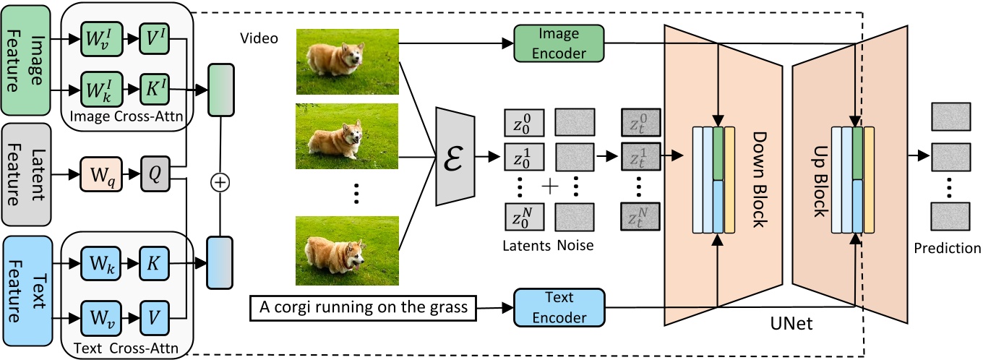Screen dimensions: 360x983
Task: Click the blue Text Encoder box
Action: click(x=559, y=307)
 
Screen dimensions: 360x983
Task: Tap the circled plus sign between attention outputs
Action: click(x=218, y=181)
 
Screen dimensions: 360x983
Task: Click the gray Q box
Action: click(x=155, y=174)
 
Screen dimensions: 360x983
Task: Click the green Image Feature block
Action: click(x=26, y=61)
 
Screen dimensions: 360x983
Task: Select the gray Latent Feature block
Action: click(x=26, y=174)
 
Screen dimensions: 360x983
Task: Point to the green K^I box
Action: click(x=155, y=91)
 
